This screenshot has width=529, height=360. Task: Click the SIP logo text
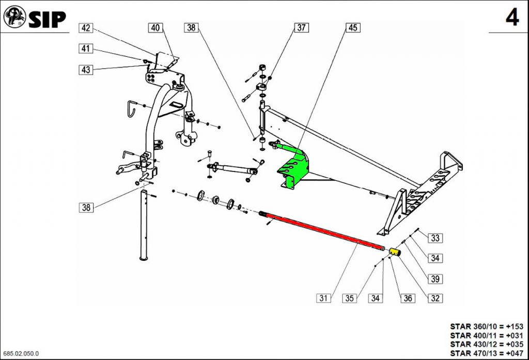pos(47,19)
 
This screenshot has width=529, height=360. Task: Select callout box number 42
pos(86,28)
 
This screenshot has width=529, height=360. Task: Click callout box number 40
pos(155,28)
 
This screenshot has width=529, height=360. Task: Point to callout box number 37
pos(301,28)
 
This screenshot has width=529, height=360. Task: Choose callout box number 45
pos(353,28)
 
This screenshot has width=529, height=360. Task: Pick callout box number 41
pos(86,49)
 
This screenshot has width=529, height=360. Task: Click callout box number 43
pos(86,70)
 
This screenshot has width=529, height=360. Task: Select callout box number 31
pos(323,298)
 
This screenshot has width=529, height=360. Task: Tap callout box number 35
pos(349,298)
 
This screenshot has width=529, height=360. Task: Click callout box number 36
pos(408,298)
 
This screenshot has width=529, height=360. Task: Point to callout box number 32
pos(435,298)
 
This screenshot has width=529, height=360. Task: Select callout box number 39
pos(435,279)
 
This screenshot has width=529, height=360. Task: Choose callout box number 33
pos(435,238)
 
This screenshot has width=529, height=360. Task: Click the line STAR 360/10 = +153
pos(487,326)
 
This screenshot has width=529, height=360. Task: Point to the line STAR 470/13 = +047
pos(487,353)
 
